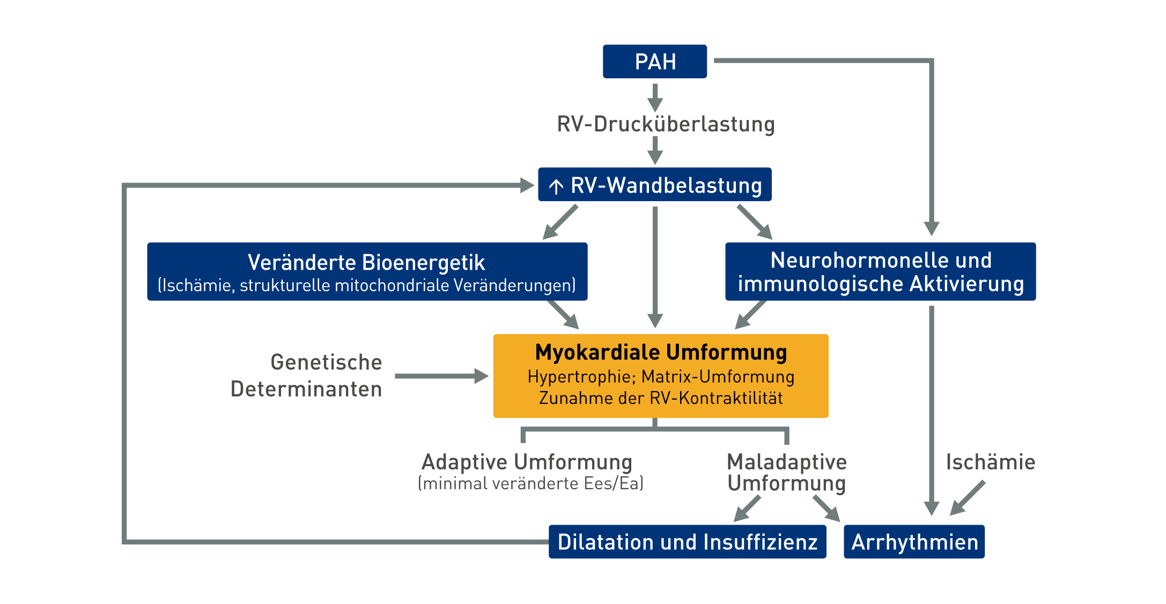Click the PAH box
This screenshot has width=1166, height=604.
(654, 62)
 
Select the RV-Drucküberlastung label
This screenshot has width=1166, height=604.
(666, 124)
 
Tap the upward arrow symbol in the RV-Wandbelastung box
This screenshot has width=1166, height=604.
(556, 186)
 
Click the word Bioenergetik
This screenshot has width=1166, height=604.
(423, 263)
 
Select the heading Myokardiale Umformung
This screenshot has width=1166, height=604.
(661, 352)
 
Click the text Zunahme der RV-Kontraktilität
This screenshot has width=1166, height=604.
(661, 398)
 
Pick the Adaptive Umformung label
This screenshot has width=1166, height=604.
(527, 462)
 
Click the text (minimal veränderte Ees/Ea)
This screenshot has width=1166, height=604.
(530, 483)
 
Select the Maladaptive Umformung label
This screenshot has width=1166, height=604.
(786, 472)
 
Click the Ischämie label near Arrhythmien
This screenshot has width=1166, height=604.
(990, 462)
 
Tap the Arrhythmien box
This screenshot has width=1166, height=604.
(914, 542)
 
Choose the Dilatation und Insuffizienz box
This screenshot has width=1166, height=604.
(687, 542)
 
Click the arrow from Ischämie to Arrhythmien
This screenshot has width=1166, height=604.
(968, 498)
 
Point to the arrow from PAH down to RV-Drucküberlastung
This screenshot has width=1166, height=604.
(655, 97)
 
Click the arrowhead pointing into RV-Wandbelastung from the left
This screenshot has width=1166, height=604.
(527, 186)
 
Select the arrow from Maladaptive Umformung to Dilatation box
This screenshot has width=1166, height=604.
(747, 508)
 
